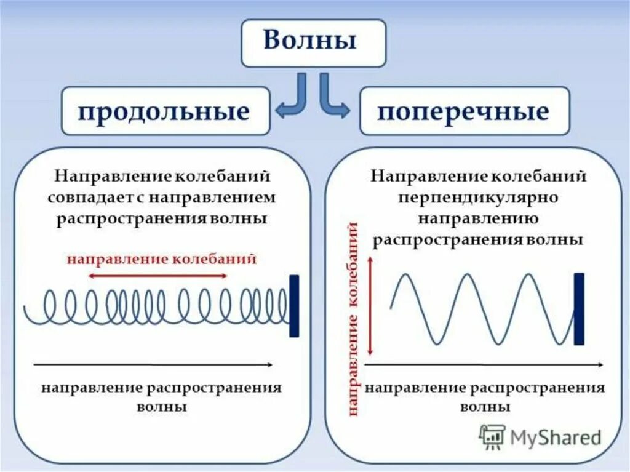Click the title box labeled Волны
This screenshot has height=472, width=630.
click(313, 42)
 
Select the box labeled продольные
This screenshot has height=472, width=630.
click(165, 111)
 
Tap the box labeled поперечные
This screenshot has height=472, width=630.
click(465, 111)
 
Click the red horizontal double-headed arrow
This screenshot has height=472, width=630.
click(157, 276)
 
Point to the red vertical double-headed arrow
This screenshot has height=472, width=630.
click(370, 306)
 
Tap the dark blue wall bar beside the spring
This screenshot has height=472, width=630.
click(294, 306)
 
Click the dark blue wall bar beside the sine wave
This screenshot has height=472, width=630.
click(579, 308)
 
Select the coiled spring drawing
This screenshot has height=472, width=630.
click(157, 306)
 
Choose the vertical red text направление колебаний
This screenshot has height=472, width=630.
click(354, 320)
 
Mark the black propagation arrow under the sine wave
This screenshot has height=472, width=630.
click(484, 365)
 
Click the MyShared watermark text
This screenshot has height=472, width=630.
click(554, 438)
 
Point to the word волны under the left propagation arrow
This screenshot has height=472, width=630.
click(162, 407)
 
